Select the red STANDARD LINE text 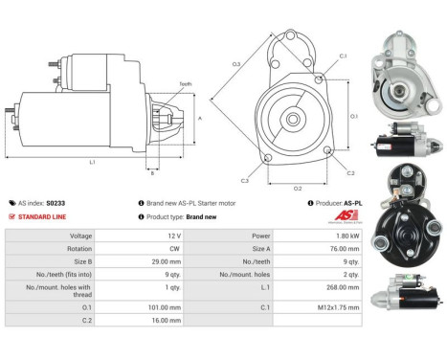click(x=41, y=216)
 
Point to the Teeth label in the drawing click(x=185, y=84)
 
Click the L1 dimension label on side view click(x=92, y=162)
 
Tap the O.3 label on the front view click(x=236, y=65)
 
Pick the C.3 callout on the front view click(x=244, y=180)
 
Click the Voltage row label click(x=55, y=235)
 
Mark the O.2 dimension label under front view click(x=297, y=187)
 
